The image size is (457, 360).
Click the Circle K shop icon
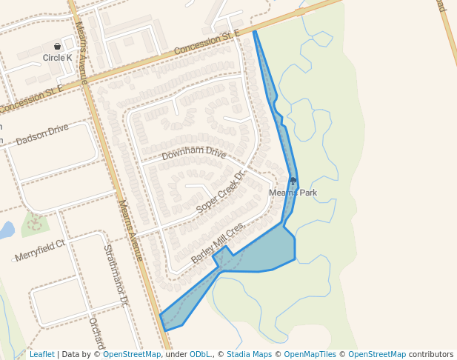click(x=57, y=47)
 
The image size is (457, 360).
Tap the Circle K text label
click(x=57, y=57)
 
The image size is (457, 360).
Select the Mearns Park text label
click(x=293, y=193)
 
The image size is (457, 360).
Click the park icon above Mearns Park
click(x=293, y=181)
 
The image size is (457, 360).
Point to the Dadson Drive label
click(x=41, y=134)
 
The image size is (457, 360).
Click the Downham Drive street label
click(x=193, y=154)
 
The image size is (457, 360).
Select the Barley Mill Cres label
click(x=217, y=244)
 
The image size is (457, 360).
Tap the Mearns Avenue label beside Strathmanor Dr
click(x=130, y=230)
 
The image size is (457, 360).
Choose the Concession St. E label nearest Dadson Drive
click(x=32, y=99)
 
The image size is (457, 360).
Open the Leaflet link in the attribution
click(x=41, y=354)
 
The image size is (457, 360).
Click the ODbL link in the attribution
click(x=199, y=354)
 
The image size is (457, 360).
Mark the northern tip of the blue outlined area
click(x=254, y=31)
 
